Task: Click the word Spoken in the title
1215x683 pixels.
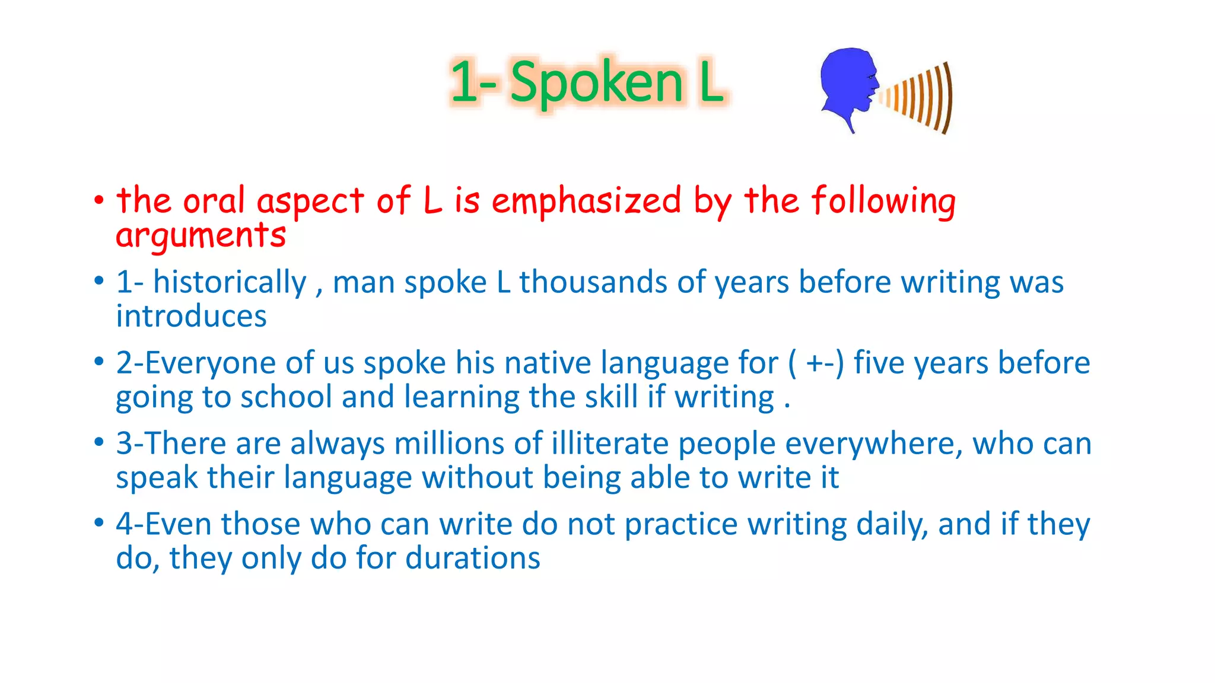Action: (596, 83)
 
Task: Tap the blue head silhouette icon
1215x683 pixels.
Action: (847, 83)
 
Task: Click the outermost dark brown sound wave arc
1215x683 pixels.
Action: (948, 98)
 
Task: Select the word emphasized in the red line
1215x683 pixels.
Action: (586, 200)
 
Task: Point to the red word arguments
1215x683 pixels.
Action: (201, 235)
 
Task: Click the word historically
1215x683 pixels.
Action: (230, 282)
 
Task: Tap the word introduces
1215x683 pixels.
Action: (191, 316)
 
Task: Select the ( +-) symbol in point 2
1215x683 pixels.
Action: (816, 363)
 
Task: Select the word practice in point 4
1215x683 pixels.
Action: (681, 525)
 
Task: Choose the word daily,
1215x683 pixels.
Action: (892, 525)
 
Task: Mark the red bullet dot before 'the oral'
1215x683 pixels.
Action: (99, 200)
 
